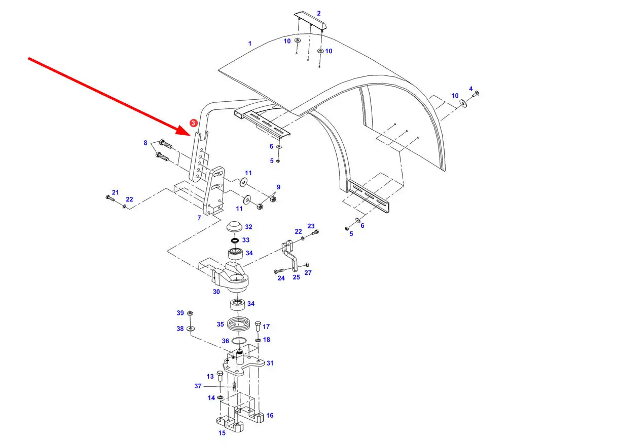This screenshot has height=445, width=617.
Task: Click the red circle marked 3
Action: point(193,123)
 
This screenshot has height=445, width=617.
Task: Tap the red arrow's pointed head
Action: point(190,135)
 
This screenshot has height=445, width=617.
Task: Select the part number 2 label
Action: point(319,14)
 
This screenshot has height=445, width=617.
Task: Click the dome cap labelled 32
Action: point(234,226)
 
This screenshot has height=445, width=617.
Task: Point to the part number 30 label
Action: point(216,292)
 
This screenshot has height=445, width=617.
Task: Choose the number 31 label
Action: point(270,363)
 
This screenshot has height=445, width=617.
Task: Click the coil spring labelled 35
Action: point(239,325)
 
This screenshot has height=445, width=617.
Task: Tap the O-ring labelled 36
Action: point(239,341)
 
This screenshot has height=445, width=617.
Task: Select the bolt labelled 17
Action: point(258,326)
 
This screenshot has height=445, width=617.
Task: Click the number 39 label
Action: point(180,313)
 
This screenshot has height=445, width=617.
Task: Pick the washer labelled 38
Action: point(190,328)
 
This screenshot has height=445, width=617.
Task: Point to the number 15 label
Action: point(222,433)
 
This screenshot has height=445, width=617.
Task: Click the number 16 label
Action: point(270,415)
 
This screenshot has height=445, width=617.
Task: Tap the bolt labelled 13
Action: point(220,376)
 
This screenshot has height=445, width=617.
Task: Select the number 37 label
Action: point(198,386)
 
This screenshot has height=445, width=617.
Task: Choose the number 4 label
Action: point(471,89)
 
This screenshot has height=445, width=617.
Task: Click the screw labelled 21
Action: point(110,198)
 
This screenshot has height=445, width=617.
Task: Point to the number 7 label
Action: point(199,218)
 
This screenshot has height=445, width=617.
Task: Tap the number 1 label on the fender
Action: point(250,44)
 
